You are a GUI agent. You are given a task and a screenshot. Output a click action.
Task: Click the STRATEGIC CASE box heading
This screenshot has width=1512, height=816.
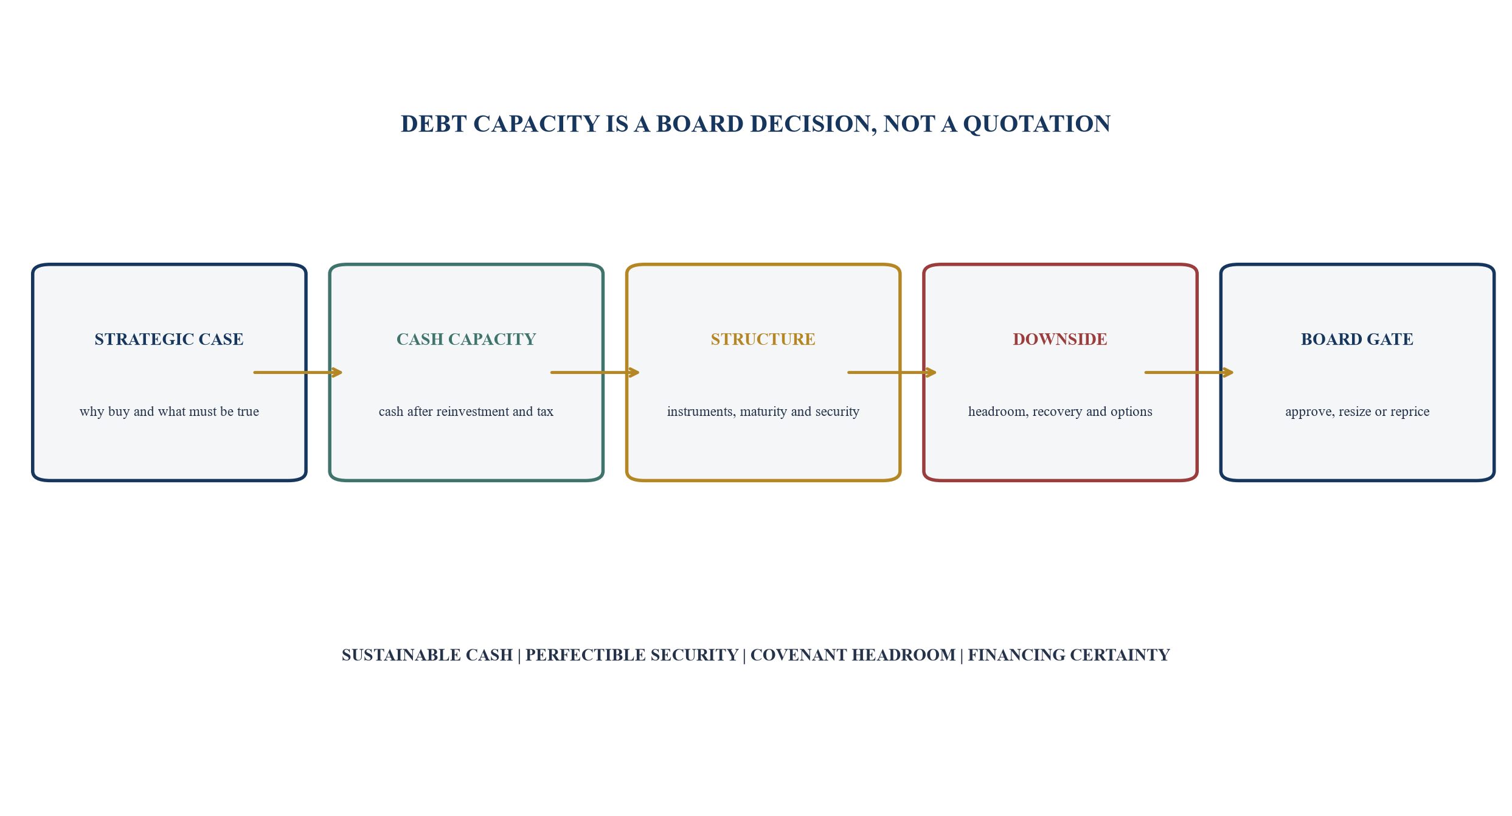(169, 339)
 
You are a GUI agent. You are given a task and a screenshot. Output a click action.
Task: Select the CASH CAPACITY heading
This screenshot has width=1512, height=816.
(466, 339)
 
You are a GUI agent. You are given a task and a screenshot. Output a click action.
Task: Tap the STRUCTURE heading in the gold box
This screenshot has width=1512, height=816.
(763, 339)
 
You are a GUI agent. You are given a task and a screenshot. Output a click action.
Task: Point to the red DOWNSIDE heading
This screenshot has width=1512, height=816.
(1060, 339)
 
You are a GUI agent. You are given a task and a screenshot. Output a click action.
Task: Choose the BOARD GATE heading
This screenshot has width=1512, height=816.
(1357, 339)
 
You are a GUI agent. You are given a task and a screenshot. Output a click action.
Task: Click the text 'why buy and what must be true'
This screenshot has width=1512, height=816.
(169, 412)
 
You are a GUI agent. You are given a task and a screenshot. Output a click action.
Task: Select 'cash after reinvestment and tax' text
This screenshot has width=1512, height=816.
(466, 412)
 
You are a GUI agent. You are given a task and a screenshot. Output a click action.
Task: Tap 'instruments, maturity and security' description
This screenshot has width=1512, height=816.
(763, 412)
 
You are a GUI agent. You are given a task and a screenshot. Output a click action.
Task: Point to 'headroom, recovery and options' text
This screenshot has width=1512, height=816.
(1060, 412)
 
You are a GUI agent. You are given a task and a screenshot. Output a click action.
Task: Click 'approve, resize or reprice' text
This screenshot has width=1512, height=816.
(1357, 412)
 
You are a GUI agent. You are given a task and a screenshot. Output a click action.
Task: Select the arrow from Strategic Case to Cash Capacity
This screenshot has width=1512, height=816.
(298, 372)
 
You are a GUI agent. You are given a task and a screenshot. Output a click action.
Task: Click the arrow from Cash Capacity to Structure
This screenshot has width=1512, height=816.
(595, 372)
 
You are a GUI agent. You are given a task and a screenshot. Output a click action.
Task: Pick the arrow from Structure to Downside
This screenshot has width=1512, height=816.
(892, 372)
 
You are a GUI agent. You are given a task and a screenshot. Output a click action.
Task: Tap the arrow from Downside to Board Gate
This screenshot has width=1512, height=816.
(1189, 372)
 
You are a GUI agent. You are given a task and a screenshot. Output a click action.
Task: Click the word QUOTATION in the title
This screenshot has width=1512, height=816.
(1037, 124)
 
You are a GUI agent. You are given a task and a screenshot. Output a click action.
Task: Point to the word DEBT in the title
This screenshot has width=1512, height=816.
(434, 124)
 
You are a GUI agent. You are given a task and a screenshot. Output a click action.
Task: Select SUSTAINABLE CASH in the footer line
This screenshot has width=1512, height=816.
(427, 655)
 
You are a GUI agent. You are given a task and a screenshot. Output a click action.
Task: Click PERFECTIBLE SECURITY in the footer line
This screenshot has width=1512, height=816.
(632, 655)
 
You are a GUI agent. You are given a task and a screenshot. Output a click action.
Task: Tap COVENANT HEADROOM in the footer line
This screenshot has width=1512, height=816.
(853, 655)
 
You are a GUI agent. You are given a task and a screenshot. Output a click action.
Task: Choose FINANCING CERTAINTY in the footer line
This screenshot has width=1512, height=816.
(1069, 655)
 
